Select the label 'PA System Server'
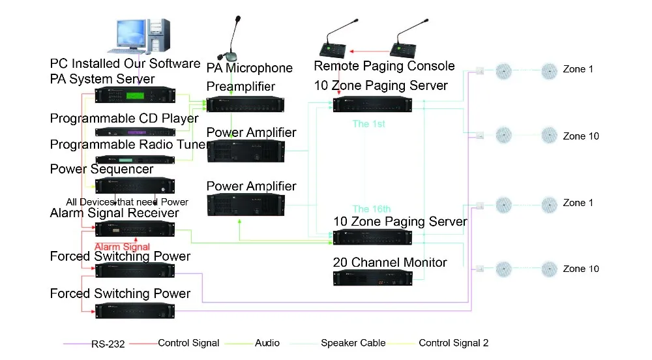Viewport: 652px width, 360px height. pos(102,79)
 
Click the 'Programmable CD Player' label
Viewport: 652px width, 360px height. pos(124,118)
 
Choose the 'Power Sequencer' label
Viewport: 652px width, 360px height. pos(101,169)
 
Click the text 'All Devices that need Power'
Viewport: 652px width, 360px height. pos(127,202)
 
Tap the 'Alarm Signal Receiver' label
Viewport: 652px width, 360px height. pos(114,213)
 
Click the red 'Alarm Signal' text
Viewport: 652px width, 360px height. pos(123,247)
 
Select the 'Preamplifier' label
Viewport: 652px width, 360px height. pos(241,87)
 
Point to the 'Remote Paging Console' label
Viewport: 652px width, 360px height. pos(384,66)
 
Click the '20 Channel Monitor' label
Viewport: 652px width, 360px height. pos(389,262)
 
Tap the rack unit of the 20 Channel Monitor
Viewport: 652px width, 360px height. pos(372,278)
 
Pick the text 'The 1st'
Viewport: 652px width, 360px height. pos(370,123)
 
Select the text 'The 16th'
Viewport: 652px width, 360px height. pos(372,209)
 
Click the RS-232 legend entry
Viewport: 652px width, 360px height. pos(108,344)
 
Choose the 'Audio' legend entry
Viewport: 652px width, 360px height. pos(267,343)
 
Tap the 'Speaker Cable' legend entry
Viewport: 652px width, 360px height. pos(353,343)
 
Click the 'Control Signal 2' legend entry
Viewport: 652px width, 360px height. pos(453,343)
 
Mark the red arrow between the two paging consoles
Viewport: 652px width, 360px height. pos(368,50)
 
